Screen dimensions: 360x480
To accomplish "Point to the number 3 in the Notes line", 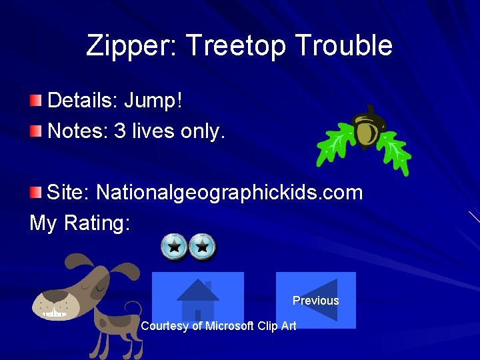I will point(120,131).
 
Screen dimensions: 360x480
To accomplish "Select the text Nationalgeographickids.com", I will point(229,193).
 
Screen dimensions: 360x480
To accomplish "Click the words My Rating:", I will point(80,223).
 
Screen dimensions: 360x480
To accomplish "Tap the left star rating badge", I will point(174,247).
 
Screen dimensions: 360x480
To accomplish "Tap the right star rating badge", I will point(203,247).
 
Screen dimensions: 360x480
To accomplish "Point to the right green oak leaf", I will point(395,147).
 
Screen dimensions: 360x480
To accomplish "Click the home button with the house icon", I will point(197,299).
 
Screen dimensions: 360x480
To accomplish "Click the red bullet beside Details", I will point(35,101).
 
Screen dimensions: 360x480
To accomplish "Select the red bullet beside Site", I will point(35,193).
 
